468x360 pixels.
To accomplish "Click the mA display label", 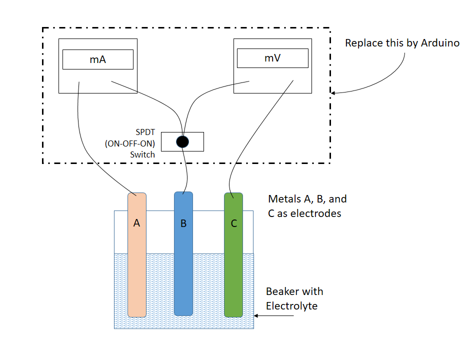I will coord(97,59).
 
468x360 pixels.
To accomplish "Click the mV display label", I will coord(272,58).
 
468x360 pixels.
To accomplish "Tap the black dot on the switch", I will coord(182,141).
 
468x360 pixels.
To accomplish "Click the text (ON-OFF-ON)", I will coord(130,143).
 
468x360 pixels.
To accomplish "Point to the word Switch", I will coord(142,154).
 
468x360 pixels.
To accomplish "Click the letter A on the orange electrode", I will coord(136,223).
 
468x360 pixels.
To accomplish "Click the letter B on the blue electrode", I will coord(183,223).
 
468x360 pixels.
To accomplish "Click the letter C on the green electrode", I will coord(233,223).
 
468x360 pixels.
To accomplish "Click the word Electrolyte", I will coord(291,305).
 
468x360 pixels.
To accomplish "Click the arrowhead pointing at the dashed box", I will coord(334,92).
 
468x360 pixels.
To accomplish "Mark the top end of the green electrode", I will coord(233,194).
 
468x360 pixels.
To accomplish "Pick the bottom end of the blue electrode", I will coord(183,315).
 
